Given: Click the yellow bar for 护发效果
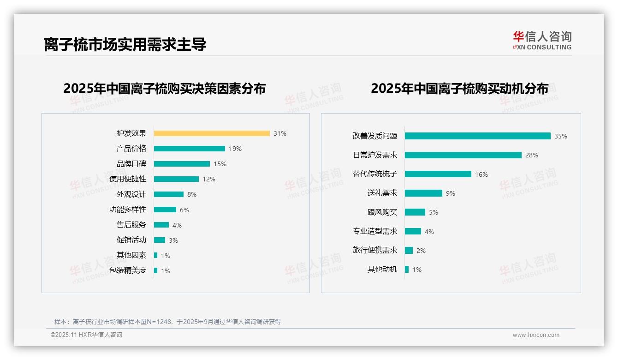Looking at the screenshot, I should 212,133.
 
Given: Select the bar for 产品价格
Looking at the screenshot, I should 190,149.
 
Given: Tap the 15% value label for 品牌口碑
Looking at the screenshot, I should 220,164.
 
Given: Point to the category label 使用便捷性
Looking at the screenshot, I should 128,179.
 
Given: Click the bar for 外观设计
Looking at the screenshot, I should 169,194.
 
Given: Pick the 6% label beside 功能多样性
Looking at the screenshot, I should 184,210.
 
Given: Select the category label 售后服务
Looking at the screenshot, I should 131,225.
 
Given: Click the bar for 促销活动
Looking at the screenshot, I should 160,240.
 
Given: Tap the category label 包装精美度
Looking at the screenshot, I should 128,270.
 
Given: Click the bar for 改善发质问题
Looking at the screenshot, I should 478,136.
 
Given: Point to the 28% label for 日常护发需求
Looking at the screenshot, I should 532,155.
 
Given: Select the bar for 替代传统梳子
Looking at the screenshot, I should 438,174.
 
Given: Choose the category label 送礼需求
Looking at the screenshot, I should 382,193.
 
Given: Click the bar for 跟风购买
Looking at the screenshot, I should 415,212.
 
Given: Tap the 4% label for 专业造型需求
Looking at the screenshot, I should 429,232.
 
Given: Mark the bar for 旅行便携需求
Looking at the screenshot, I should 409,250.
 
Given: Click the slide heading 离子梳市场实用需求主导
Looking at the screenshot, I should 125,44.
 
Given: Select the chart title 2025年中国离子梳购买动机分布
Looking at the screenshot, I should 459,88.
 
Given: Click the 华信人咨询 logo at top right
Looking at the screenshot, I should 542,40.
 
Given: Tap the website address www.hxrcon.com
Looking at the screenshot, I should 536,335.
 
